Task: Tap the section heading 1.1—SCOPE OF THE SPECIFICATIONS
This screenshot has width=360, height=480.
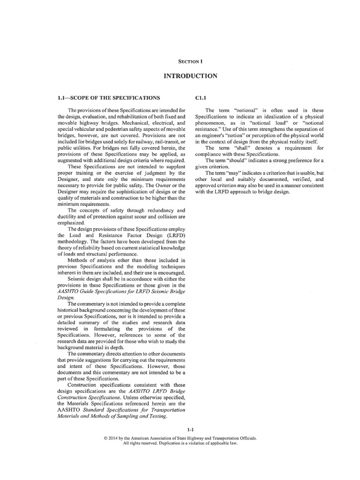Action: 109,97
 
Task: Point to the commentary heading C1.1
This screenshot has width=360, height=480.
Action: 201,97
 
